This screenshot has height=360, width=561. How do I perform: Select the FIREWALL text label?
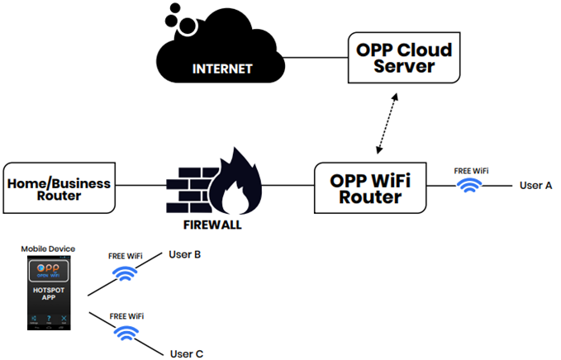click(x=209, y=224)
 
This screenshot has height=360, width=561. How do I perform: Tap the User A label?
click(x=535, y=185)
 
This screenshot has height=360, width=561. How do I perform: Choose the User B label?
click(x=185, y=254)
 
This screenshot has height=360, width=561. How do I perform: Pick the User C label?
click(x=186, y=354)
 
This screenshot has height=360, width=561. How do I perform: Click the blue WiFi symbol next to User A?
click(x=470, y=185)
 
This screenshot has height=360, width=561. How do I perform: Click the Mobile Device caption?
click(x=48, y=249)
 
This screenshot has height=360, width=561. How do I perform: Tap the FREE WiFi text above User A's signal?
click(x=471, y=171)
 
